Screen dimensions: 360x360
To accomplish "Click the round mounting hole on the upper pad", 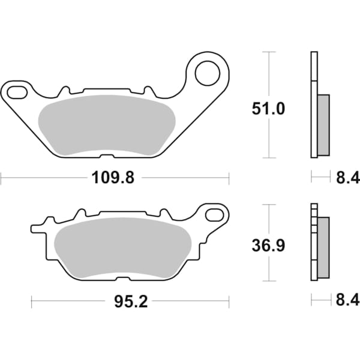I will (207, 74).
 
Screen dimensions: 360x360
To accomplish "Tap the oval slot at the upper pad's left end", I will (16, 92).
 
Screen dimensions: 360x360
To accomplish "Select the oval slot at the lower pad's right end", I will (214, 214).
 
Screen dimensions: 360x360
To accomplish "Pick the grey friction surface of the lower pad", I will (122, 247).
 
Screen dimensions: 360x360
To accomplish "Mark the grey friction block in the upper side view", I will (323, 124).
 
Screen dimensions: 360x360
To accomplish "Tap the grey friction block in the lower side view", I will (323, 247).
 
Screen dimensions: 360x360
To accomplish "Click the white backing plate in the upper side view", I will (313, 105).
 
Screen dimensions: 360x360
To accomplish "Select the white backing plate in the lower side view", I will (313, 246).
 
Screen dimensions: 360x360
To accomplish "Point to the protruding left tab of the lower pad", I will (38, 229).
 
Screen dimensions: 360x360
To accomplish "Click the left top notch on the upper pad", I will (64, 92).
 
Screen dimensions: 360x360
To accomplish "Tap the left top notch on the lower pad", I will (79, 215).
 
